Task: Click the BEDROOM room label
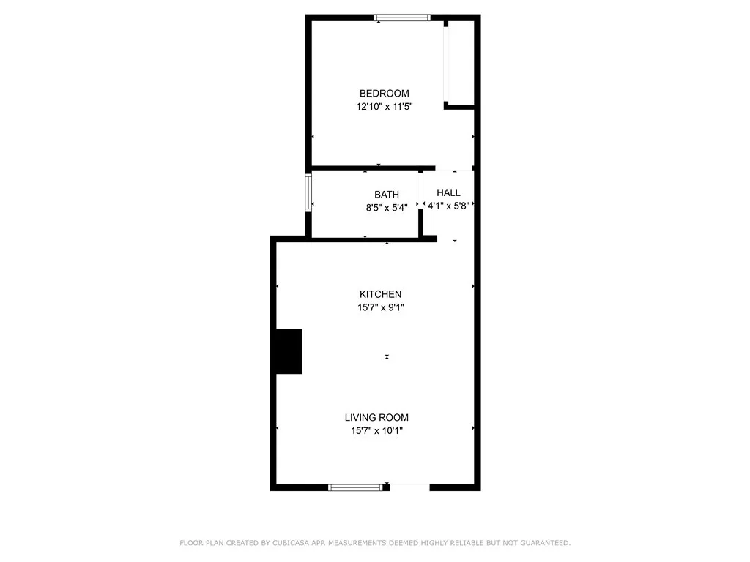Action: pos(384,94)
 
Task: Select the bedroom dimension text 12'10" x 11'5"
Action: pos(384,107)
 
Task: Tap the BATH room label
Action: pos(387,195)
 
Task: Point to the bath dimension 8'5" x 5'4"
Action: pos(387,207)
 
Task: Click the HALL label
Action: pos(448,193)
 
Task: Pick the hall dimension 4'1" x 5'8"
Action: pos(448,206)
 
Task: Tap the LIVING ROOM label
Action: pos(376,418)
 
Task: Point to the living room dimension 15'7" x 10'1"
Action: pos(376,431)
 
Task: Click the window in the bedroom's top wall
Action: pos(401,18)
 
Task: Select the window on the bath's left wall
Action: pos(308,192)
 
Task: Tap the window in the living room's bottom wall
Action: pos(355,487)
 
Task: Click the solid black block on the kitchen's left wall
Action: pos(289,351)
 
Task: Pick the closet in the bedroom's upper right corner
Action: pos(460,63)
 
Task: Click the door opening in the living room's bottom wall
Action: pos(409,486)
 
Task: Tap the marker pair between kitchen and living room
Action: pos(387,357)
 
